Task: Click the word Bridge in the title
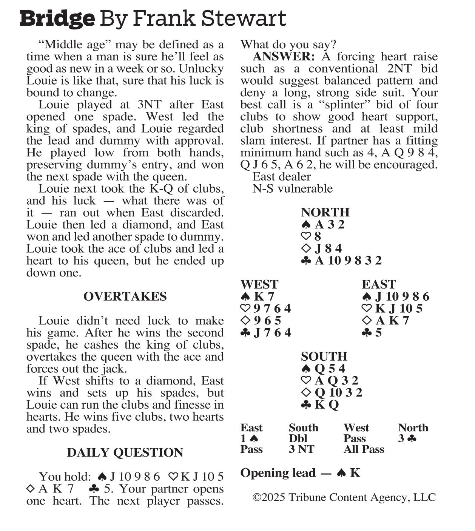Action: pos(57,19)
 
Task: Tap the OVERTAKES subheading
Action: pos(125,296)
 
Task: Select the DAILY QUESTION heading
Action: pos(125,452)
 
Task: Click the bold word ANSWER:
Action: pos(283,57)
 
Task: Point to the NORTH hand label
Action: pos(325,212)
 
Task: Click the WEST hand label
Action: pos(259,284)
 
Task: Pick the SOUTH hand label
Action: pos(324,357)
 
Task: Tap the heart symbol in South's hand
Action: pos(306,381)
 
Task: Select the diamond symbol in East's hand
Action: pos(367,321)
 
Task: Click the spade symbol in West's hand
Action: pos(245,297)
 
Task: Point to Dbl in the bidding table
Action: pos(298,438)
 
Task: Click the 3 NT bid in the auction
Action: pos(301,449)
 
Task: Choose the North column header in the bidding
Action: pos(413,428)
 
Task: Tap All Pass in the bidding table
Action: pos(364,449)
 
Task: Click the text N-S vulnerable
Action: pos(292,188)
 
